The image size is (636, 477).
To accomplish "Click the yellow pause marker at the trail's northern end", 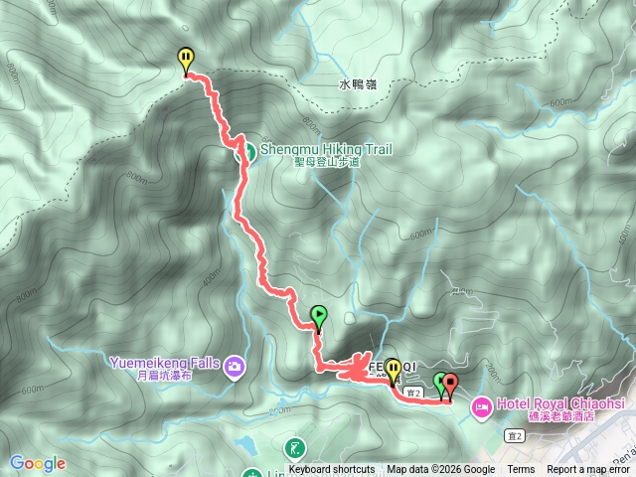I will pyautogui.click(x=185, y=61).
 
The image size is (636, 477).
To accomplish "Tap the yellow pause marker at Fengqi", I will pyautogui.click(x=394, y=371).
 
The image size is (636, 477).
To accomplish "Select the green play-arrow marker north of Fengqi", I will pyautogui.click(x=318, y=316).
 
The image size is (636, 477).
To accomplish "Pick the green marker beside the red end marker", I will pyautogui.click(x=440, y=382).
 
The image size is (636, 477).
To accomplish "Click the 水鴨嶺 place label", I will pyautogui.click(x=358, y=85).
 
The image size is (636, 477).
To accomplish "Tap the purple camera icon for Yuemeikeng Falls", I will pyautogui.click(x=234, y=367).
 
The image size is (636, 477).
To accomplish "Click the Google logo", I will pyautogui.click(x=38, y=463).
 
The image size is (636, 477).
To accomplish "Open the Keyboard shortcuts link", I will pyautogui.click(x=332, y=470).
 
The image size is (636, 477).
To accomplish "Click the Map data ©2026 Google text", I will pyautogui.click(x=441, y=470).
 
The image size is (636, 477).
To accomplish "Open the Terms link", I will pyautogui.click(x=521, y=470).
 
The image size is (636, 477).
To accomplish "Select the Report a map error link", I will pyautogui.click(x=589, y=470).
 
